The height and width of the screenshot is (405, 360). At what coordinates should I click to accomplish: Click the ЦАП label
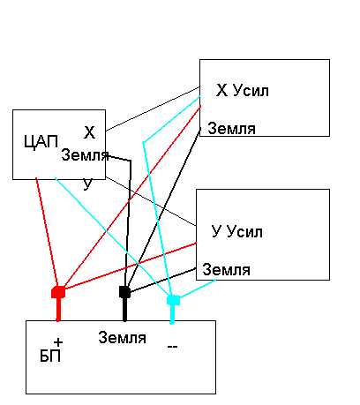(41, 143)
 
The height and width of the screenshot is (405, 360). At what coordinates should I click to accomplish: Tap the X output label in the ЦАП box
(89, 132)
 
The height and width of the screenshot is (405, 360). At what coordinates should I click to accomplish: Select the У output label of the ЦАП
(87, 184)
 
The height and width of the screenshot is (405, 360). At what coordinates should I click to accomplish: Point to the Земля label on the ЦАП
(85, 155)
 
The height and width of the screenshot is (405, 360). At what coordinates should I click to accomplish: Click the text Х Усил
(243, 90)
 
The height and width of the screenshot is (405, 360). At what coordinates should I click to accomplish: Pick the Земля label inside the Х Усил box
(231, 129)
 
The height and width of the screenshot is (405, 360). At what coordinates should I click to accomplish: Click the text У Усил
(236, 232)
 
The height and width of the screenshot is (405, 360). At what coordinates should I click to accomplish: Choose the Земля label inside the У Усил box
(226, 270)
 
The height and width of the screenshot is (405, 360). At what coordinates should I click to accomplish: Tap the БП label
(50, 356)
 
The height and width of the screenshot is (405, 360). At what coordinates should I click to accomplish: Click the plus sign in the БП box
(58, 342)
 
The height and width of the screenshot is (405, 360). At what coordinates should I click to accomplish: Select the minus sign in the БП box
(172, 347)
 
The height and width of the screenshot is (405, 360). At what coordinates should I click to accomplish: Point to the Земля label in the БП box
(122, 337)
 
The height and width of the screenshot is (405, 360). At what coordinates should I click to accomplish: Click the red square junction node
(58, 292)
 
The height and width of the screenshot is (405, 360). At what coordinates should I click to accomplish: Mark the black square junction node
(124, 292)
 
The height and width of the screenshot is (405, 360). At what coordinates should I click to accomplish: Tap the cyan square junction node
(173, 300)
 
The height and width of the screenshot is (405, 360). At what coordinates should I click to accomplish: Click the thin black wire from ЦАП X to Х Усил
(153, 109)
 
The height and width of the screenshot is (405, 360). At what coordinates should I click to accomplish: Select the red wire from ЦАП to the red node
(47, 232)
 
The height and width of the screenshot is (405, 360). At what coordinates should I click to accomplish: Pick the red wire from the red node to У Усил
(131, 266)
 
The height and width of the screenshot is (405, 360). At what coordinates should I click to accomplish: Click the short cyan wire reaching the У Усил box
(197, 289)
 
